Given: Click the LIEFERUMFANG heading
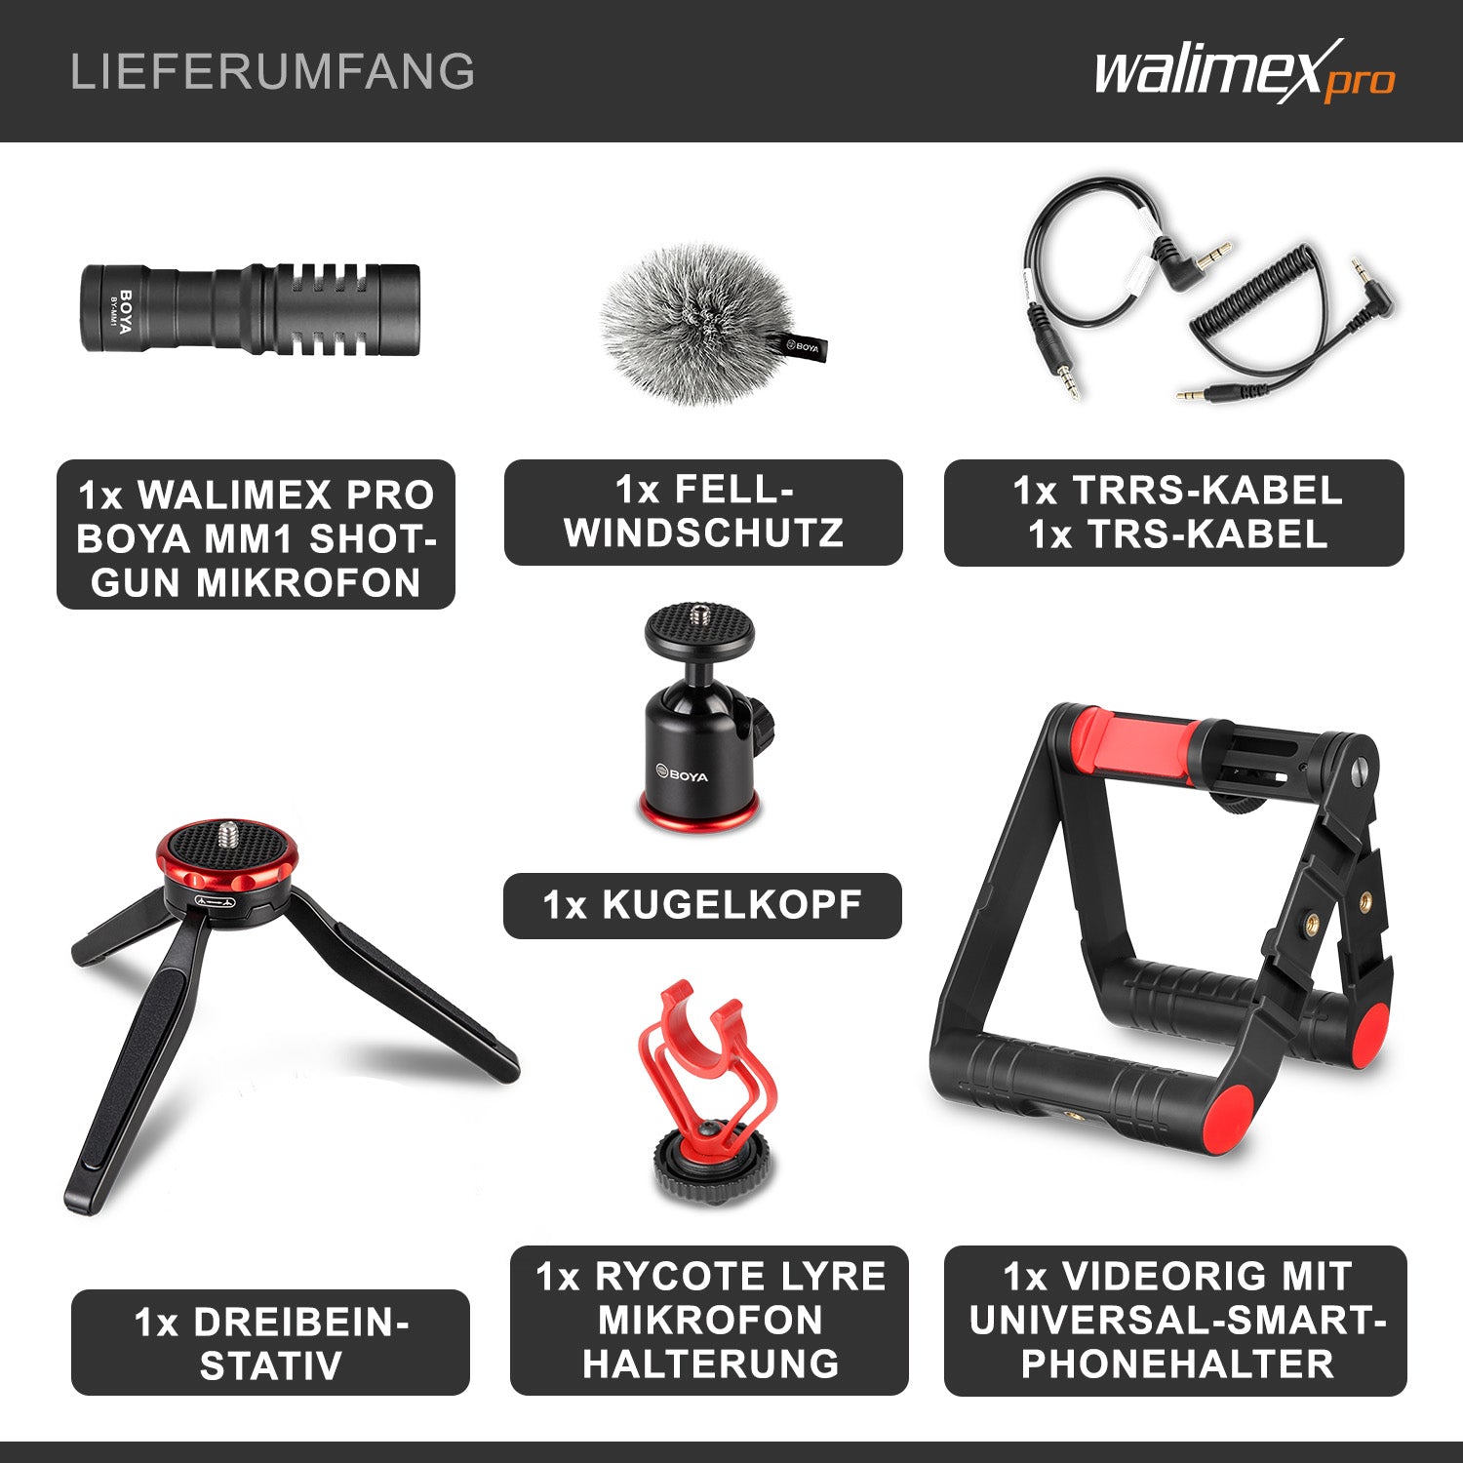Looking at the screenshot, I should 272,72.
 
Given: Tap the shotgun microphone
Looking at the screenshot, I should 250,308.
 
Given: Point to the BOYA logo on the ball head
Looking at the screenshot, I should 682,776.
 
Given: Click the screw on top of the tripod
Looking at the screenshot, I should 226,833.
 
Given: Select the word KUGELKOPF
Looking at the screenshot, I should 731,905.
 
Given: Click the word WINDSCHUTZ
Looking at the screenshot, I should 703,534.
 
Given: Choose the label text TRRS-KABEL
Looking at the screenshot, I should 1207,491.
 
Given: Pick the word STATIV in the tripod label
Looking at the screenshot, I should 270,1365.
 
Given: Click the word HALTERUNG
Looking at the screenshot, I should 710,1364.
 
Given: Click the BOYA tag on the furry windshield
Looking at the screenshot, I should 804,346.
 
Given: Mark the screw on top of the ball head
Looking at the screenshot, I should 698,613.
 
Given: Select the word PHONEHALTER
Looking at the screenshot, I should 1176,1364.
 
